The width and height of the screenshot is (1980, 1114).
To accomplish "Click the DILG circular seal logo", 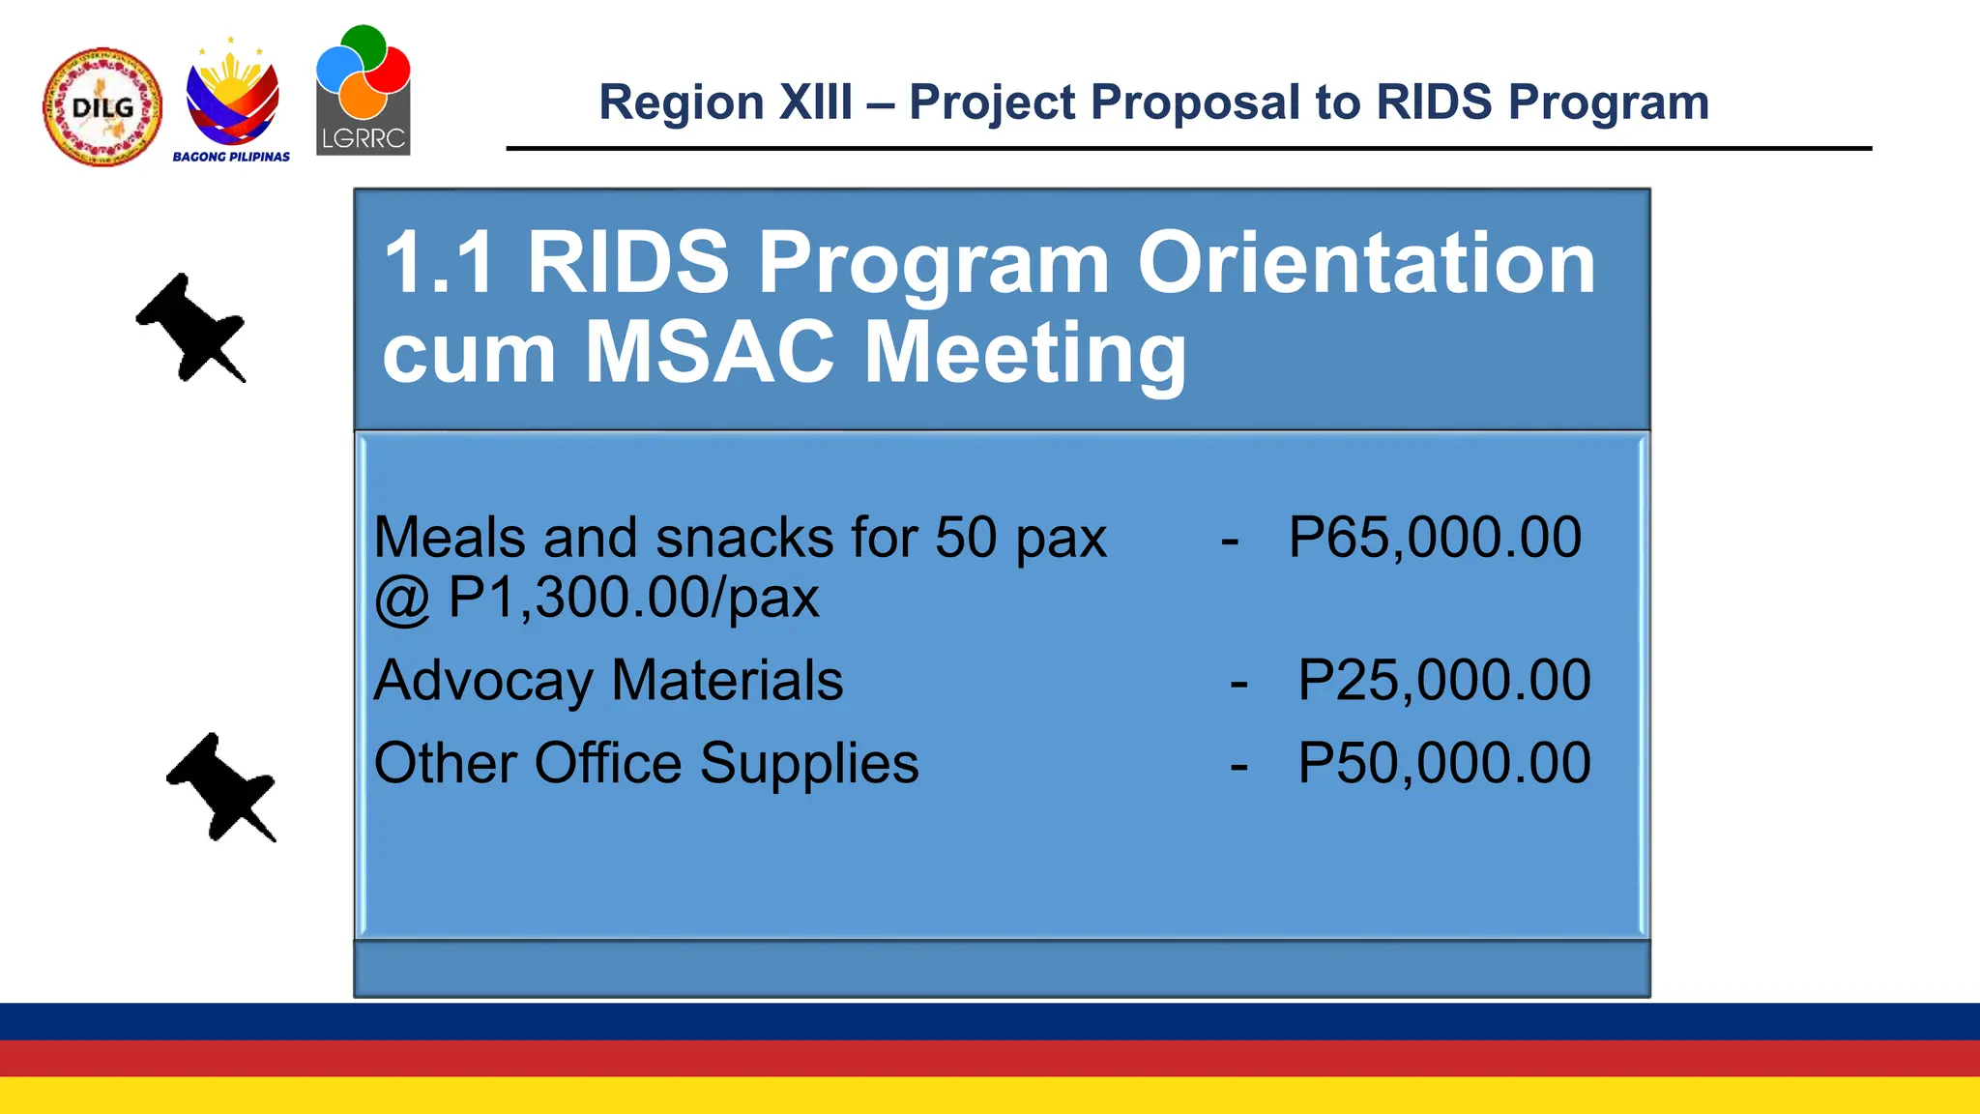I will coord(102,107).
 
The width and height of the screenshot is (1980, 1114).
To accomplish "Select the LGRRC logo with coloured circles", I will coord(364,91).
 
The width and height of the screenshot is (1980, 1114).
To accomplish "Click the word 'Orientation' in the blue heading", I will coord(1365,263).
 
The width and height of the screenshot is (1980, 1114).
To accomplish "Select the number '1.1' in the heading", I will coord(440,263).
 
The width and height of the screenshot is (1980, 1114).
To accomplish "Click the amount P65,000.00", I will coord(1435,538).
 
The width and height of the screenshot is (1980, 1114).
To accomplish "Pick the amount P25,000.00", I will coord(1443,680).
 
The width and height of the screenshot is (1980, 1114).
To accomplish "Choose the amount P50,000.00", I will coord(1443,763).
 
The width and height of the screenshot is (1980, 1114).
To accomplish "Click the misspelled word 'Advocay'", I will coord(483,681).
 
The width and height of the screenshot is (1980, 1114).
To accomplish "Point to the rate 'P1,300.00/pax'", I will coord(633,598).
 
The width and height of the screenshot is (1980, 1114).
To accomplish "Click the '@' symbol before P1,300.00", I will coord(401,599).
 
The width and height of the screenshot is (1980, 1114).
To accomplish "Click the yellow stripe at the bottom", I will coord(990,1096).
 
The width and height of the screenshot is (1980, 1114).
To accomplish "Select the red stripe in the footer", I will coord(990,1058).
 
